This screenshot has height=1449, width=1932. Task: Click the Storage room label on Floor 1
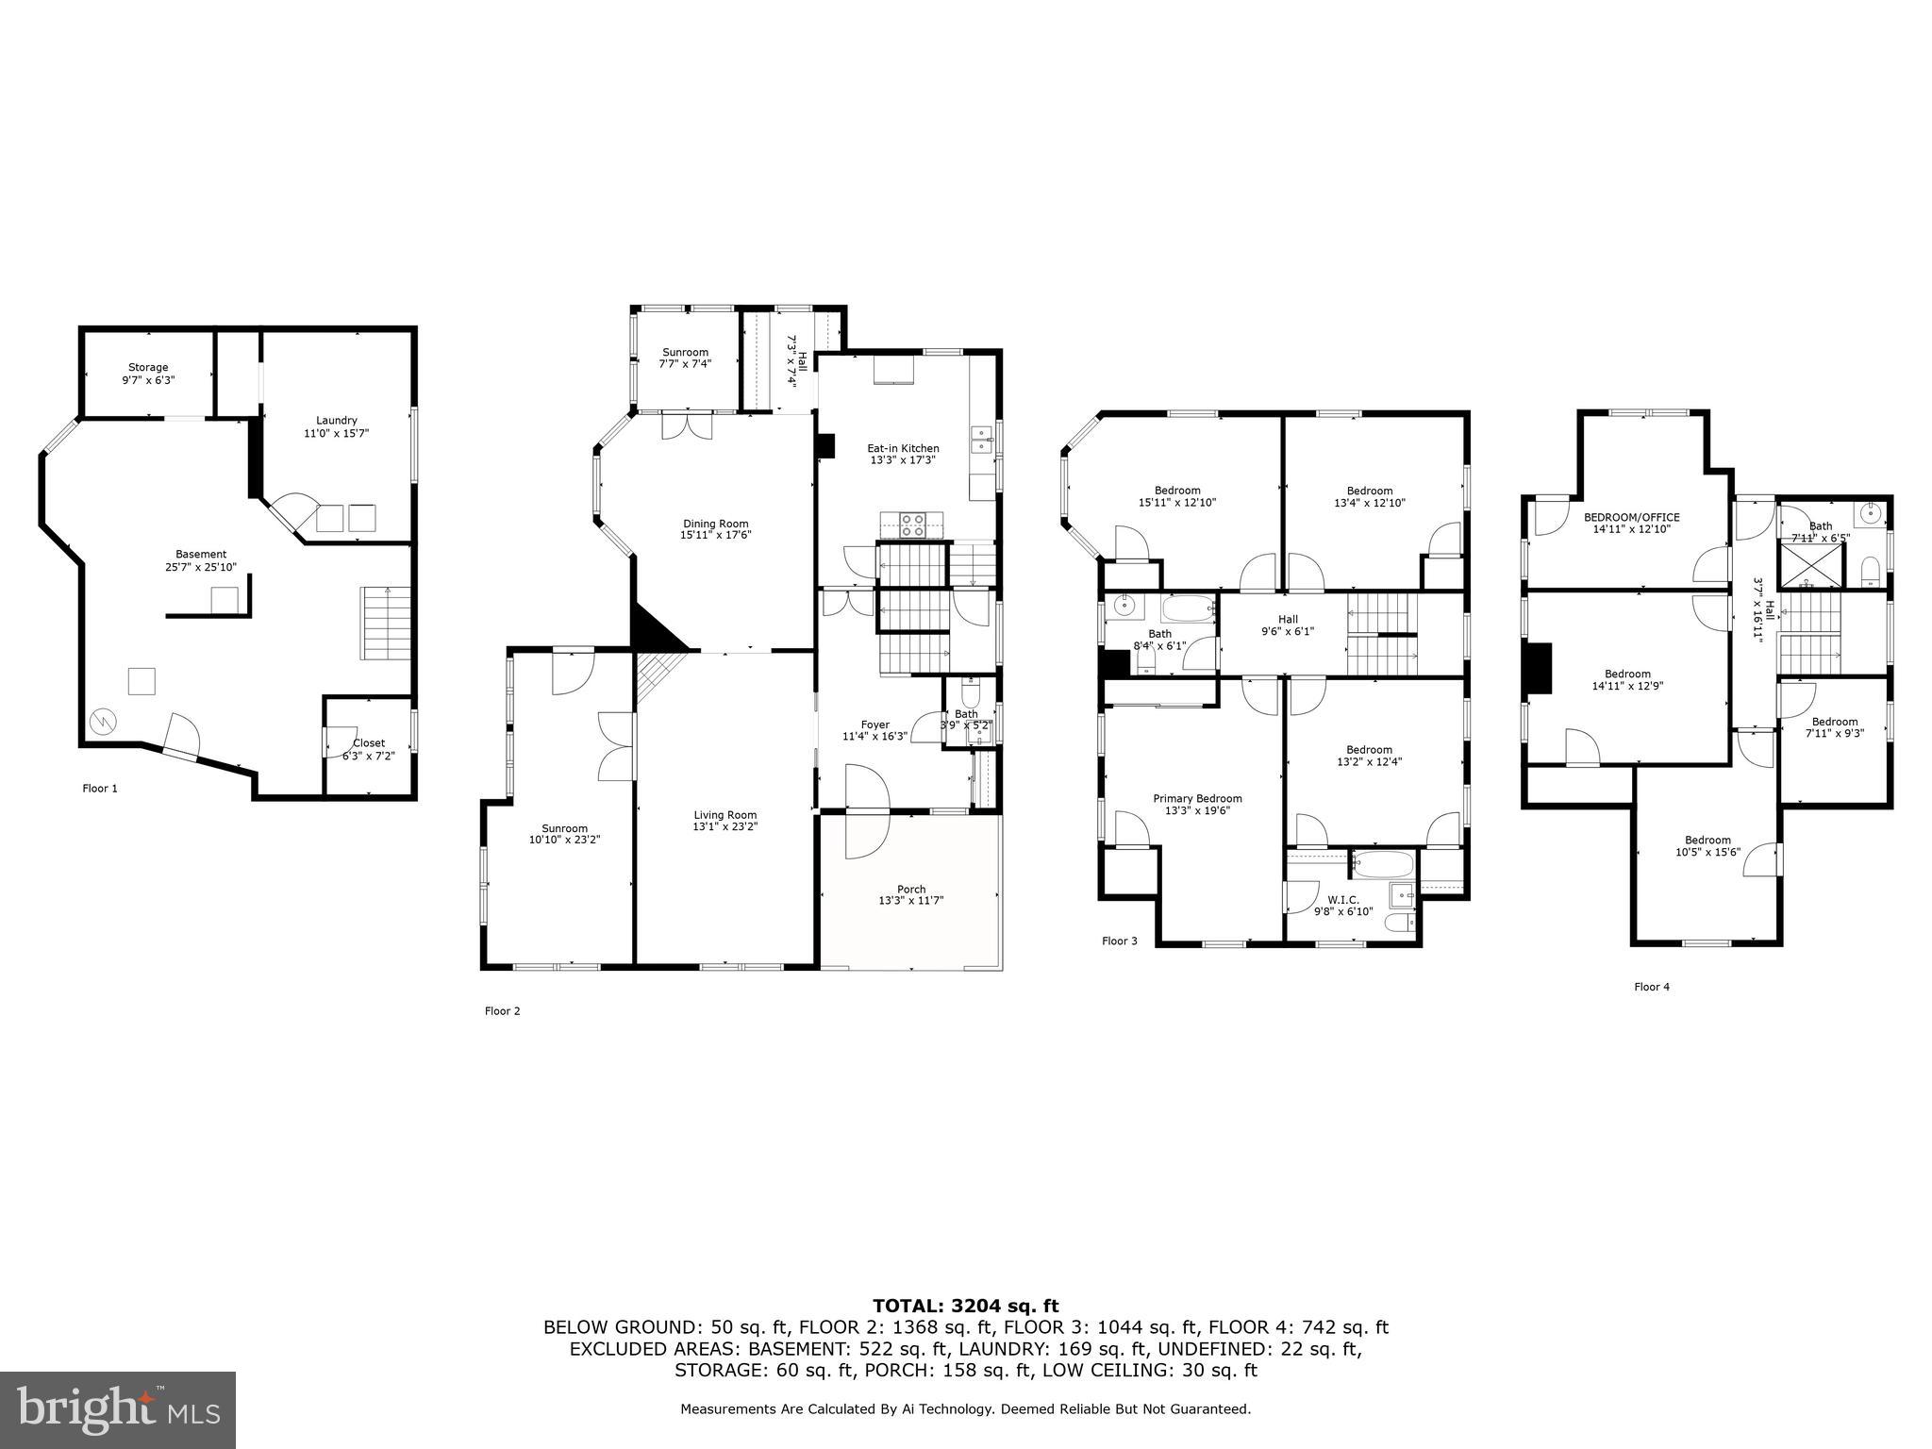pos(148,374)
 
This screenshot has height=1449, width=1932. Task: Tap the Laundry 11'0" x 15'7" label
pos(336,426)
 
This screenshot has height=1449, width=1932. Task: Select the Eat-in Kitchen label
pos(903,454)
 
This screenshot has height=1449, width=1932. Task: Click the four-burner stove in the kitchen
pos(911,524)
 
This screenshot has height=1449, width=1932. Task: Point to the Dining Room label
pos(715,529)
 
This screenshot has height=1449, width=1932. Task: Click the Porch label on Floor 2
pos(910,894)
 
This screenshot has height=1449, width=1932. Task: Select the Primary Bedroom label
pos(1197,804)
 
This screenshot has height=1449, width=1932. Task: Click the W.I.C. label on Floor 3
pos(1343,906)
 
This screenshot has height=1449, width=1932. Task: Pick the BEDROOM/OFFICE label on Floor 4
pos(1631,523)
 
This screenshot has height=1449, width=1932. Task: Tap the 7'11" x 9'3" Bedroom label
pos(1834,726)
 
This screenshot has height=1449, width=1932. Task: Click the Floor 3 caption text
pos(1120,941)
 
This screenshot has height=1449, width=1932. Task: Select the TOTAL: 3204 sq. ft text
pos(965,1306)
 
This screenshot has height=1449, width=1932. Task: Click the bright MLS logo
pos(117,1409)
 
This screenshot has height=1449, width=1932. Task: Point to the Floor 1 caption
pos(100,788)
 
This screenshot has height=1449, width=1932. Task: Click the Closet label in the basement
pos(368,749)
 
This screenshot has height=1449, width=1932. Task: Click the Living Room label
pos(724,820)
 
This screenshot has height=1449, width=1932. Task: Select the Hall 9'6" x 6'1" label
pos(1288,625)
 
